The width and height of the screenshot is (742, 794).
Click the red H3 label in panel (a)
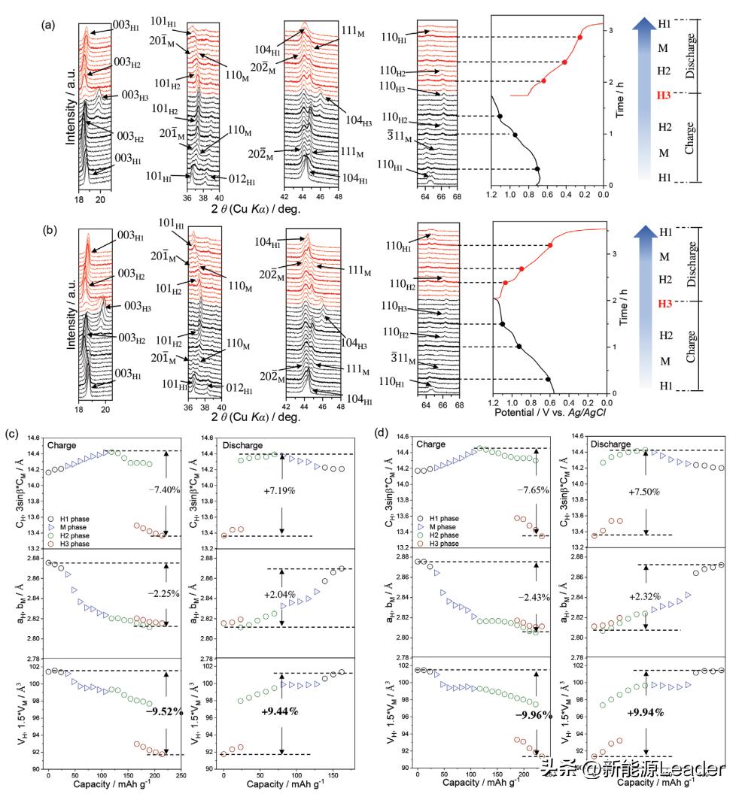click(x=663, y=95)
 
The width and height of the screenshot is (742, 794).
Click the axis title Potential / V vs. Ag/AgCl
click(x=546, y=414)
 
